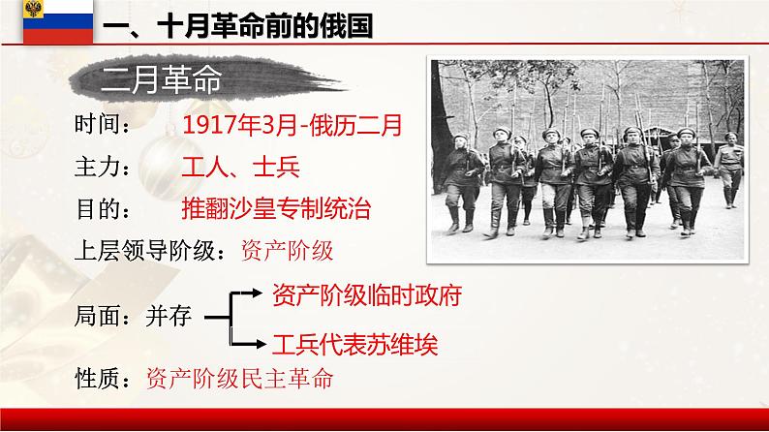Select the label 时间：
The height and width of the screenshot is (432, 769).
105,125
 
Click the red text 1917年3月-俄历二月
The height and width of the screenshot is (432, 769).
291,125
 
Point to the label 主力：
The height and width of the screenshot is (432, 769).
105,167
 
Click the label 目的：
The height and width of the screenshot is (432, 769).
105,208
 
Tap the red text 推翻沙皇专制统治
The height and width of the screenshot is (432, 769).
275,208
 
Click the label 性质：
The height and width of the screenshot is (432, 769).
105,378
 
